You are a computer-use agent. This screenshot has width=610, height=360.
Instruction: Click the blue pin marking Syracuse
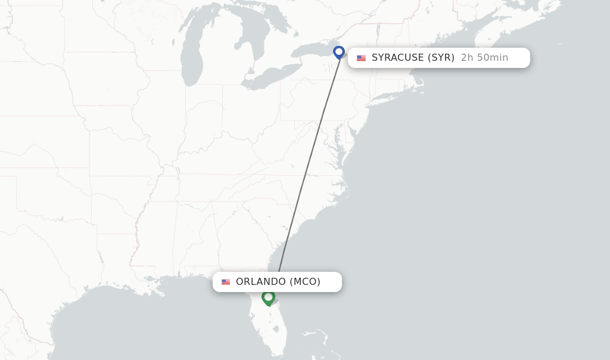(x=339, y=52)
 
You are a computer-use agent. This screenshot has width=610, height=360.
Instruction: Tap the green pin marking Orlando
(x=268, y=297)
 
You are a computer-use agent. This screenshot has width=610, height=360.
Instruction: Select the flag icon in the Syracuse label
(x=361, y=58)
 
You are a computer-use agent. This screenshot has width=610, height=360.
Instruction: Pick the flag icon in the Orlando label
(x=226, y=282)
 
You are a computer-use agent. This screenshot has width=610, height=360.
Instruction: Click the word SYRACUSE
(x=398, y=58)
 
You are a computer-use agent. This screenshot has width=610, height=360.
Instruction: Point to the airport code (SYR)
(x=441, y=58)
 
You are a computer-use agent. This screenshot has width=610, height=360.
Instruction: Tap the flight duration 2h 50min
(x=484, y=58)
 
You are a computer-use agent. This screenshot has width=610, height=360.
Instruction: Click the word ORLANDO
(x=261, y=282)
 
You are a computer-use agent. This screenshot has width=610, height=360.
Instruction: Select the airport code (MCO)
(x=305, y=282)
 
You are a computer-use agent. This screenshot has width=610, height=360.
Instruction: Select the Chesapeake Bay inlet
(x=341, y=149)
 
